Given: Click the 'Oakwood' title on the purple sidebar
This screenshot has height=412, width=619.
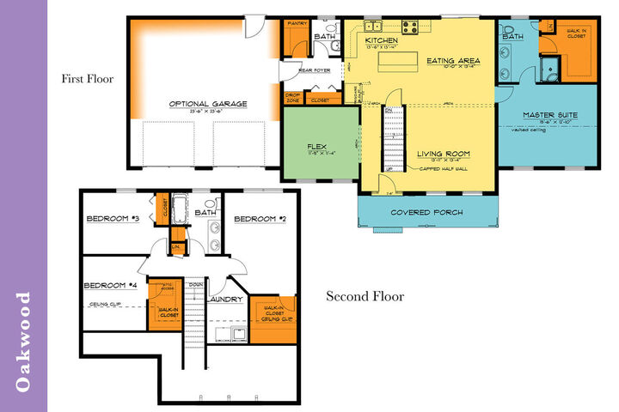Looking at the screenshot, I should tap(24, 341).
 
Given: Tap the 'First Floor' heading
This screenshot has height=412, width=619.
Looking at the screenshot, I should tap(87, 79).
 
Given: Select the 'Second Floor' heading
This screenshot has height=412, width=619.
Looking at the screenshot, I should tap(365, 297).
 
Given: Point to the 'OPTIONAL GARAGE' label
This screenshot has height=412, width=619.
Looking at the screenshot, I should tap(207, 104).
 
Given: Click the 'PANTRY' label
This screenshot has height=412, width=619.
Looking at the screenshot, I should tap(297, 24).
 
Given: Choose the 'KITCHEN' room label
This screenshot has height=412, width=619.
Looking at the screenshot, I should tap(382, 40).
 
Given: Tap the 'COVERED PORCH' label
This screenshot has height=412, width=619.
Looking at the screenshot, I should tap(426, 212).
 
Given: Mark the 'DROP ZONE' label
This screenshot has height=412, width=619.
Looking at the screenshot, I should tap(293, 97).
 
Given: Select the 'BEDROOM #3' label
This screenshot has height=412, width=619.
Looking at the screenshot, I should tap(113, 218).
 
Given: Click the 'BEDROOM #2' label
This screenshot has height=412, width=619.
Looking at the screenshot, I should tap(260, 218).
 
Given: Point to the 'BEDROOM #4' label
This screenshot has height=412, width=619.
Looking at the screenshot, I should tap(110, 285).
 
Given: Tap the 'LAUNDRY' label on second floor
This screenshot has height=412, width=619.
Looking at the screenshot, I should tap(224, 299).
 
